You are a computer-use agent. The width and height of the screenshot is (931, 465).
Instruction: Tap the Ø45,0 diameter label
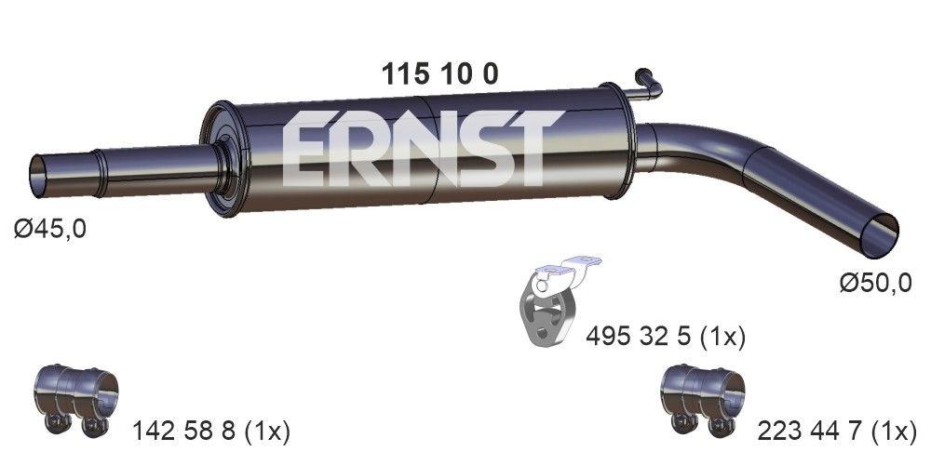click(50, 228)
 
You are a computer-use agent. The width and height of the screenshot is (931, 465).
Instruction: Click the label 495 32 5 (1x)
click(666, 336)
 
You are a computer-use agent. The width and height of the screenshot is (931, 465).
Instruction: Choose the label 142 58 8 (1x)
click(211, 432)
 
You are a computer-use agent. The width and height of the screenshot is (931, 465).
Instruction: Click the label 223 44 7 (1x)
click(839, 432)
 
